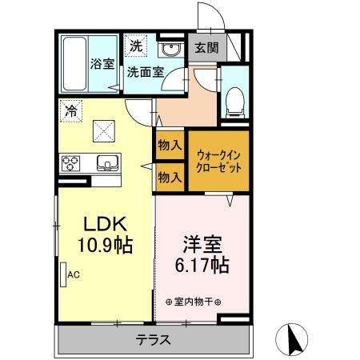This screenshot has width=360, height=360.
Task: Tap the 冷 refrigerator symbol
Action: [x=71, y=112]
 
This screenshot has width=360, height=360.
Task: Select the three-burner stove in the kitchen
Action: [x=70, y=164]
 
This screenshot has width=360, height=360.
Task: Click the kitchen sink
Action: [x=106, y=164]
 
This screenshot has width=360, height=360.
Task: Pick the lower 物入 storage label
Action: [x=168, y=176]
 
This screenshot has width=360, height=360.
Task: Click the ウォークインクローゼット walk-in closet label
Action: [x=218, y=160]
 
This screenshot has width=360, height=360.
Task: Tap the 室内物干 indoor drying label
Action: [x=194, y=302]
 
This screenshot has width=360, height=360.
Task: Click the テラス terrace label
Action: [x=152, y=339]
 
